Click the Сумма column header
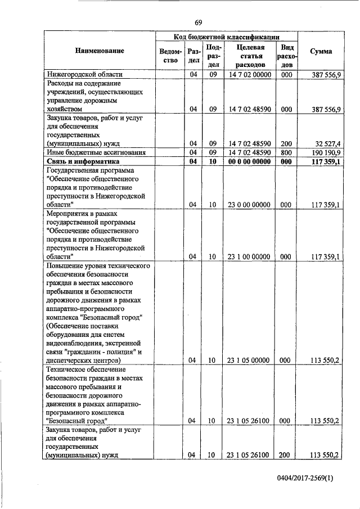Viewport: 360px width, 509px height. (x=321, y=51)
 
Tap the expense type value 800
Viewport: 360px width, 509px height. (x=286, y=152)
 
